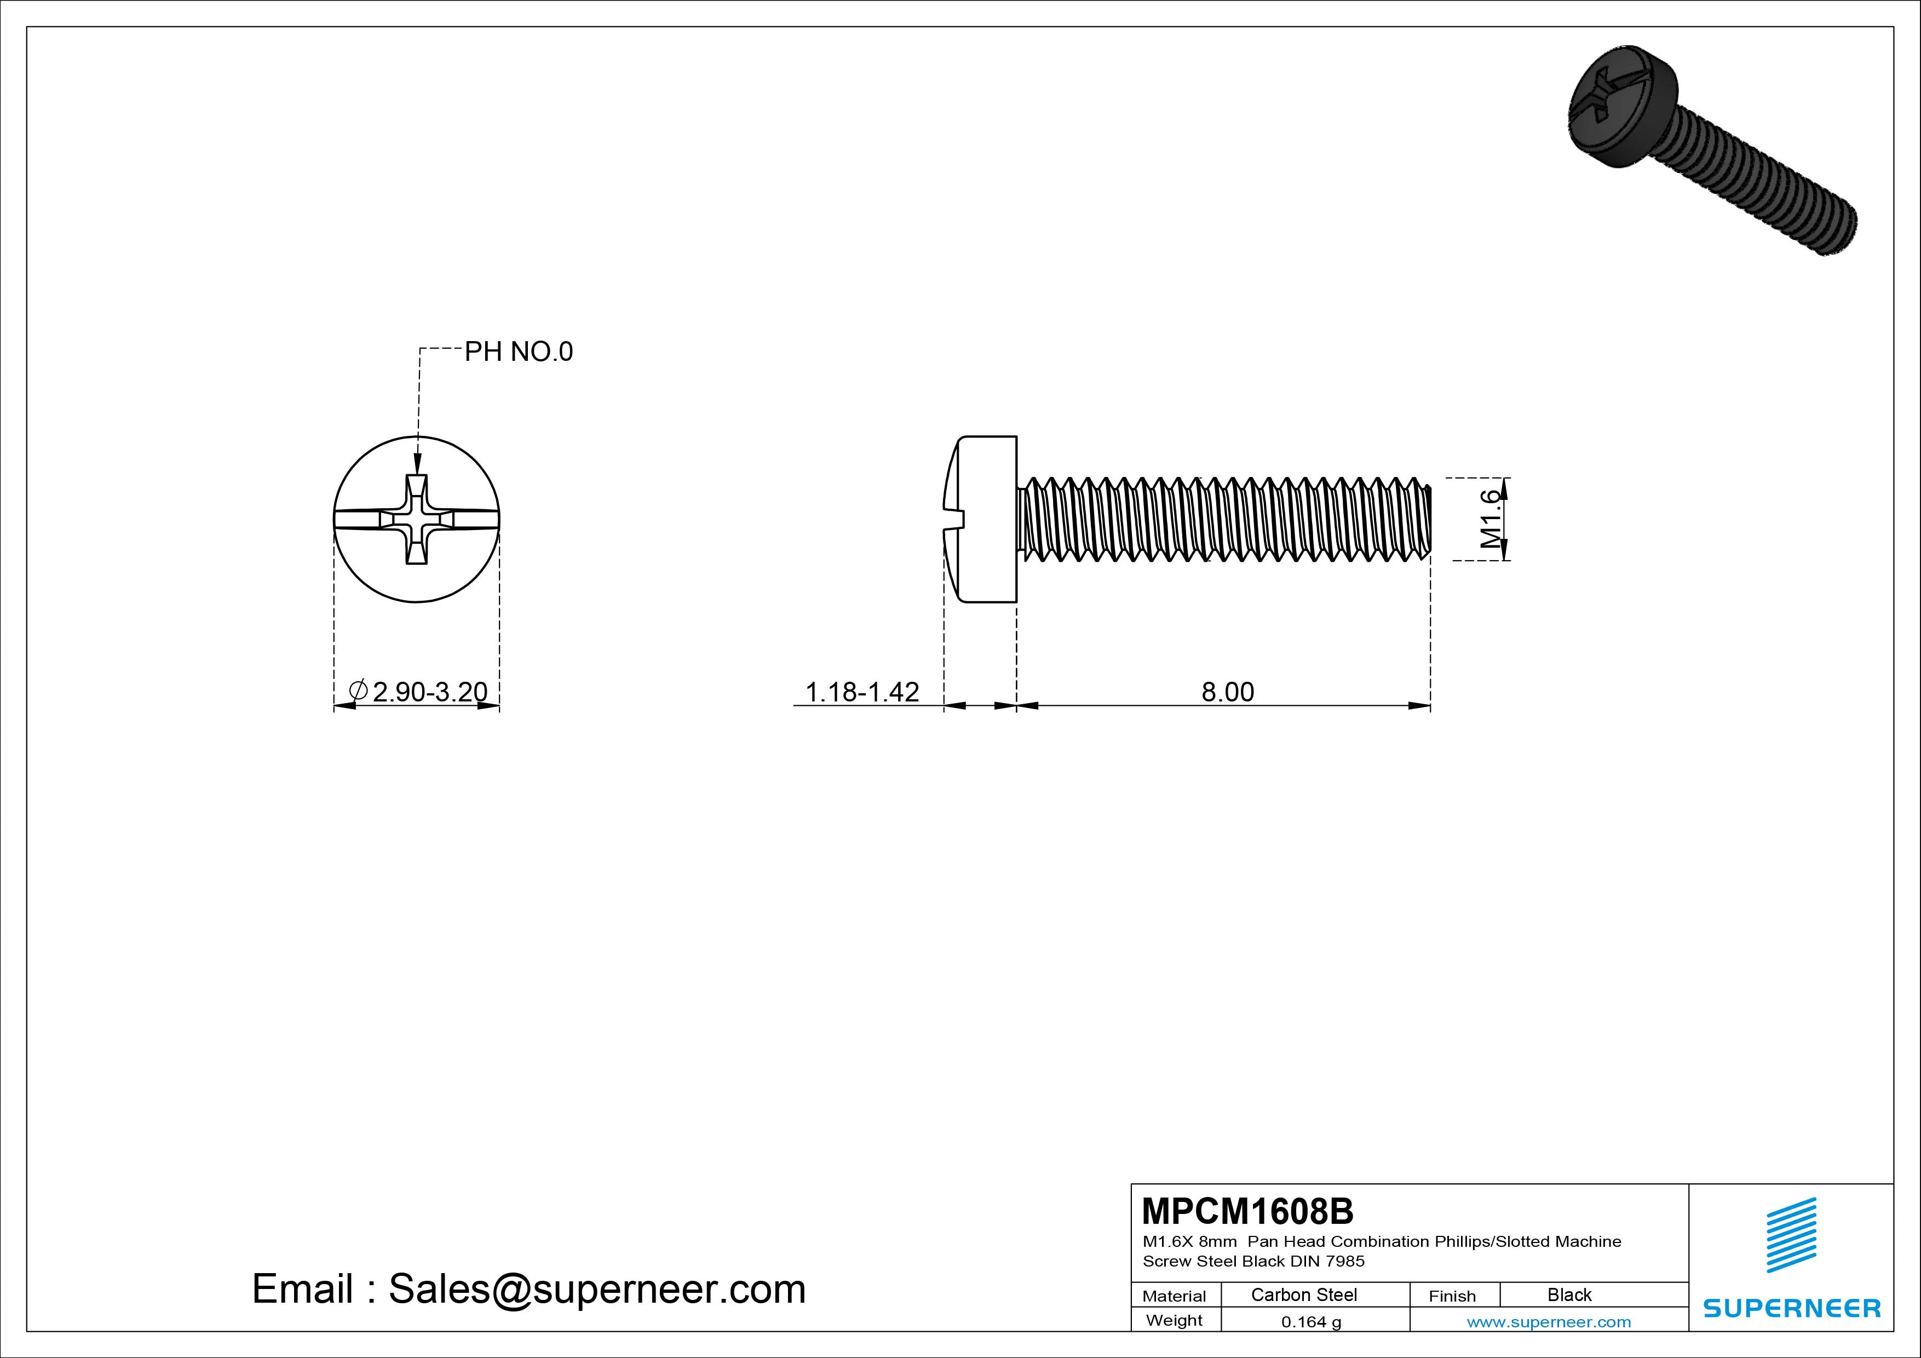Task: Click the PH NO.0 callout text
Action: pos(519,352)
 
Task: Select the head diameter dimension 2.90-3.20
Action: pos(429,692)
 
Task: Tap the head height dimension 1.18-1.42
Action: pos(862,692)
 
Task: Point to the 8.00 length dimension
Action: pos(1227,692)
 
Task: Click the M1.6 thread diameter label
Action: pos(1490,519)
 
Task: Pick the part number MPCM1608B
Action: pos(1247,1211)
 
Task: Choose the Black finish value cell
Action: pos(1569,1295)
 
